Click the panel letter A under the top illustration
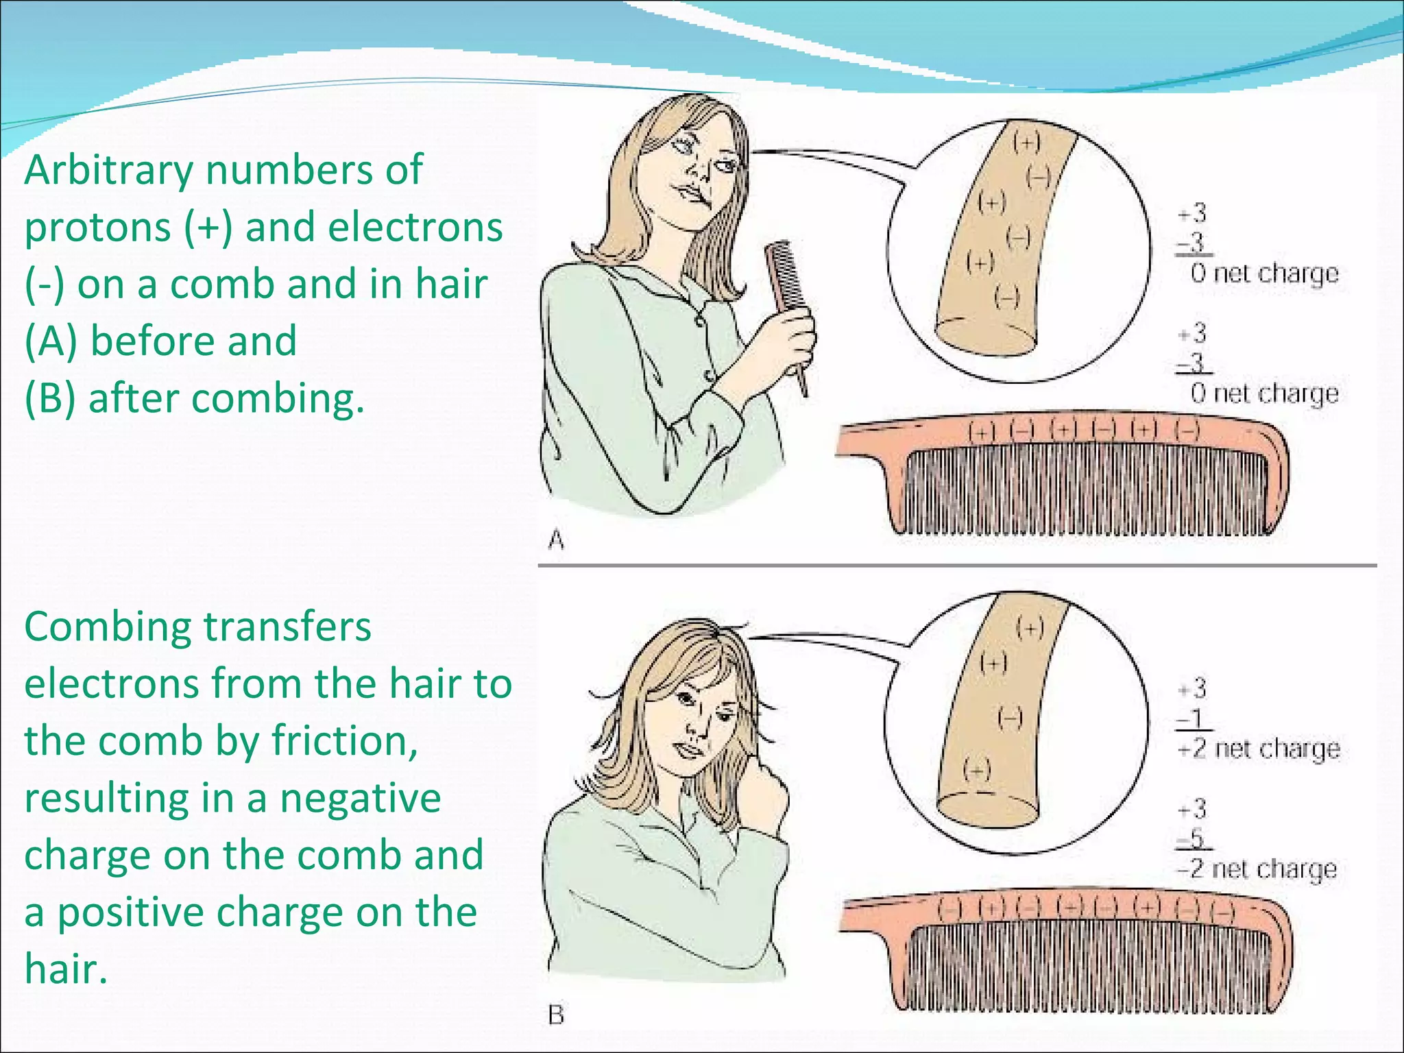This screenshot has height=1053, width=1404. [x=557, y=540]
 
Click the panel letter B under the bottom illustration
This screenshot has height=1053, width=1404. [x=556, y=1015]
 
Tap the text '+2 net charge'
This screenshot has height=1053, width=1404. [x=1258, y=749]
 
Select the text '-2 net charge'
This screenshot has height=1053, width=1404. [x=1257, y=869]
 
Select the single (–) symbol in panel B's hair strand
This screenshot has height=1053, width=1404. [x=1009, y=718]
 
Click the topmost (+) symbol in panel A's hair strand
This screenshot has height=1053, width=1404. [x=1027, y=142]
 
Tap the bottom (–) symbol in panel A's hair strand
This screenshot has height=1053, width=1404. [x=1007, y=298]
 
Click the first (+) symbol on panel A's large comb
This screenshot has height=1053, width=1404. [x=982, y=432]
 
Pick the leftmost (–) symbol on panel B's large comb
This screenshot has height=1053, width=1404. [x=950, y=910]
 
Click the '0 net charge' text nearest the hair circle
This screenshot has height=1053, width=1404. [x=1264, y=274]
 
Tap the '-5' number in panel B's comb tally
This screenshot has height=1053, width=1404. [x=1194, y=838]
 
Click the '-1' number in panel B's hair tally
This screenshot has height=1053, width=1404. [x=1194, y=718]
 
